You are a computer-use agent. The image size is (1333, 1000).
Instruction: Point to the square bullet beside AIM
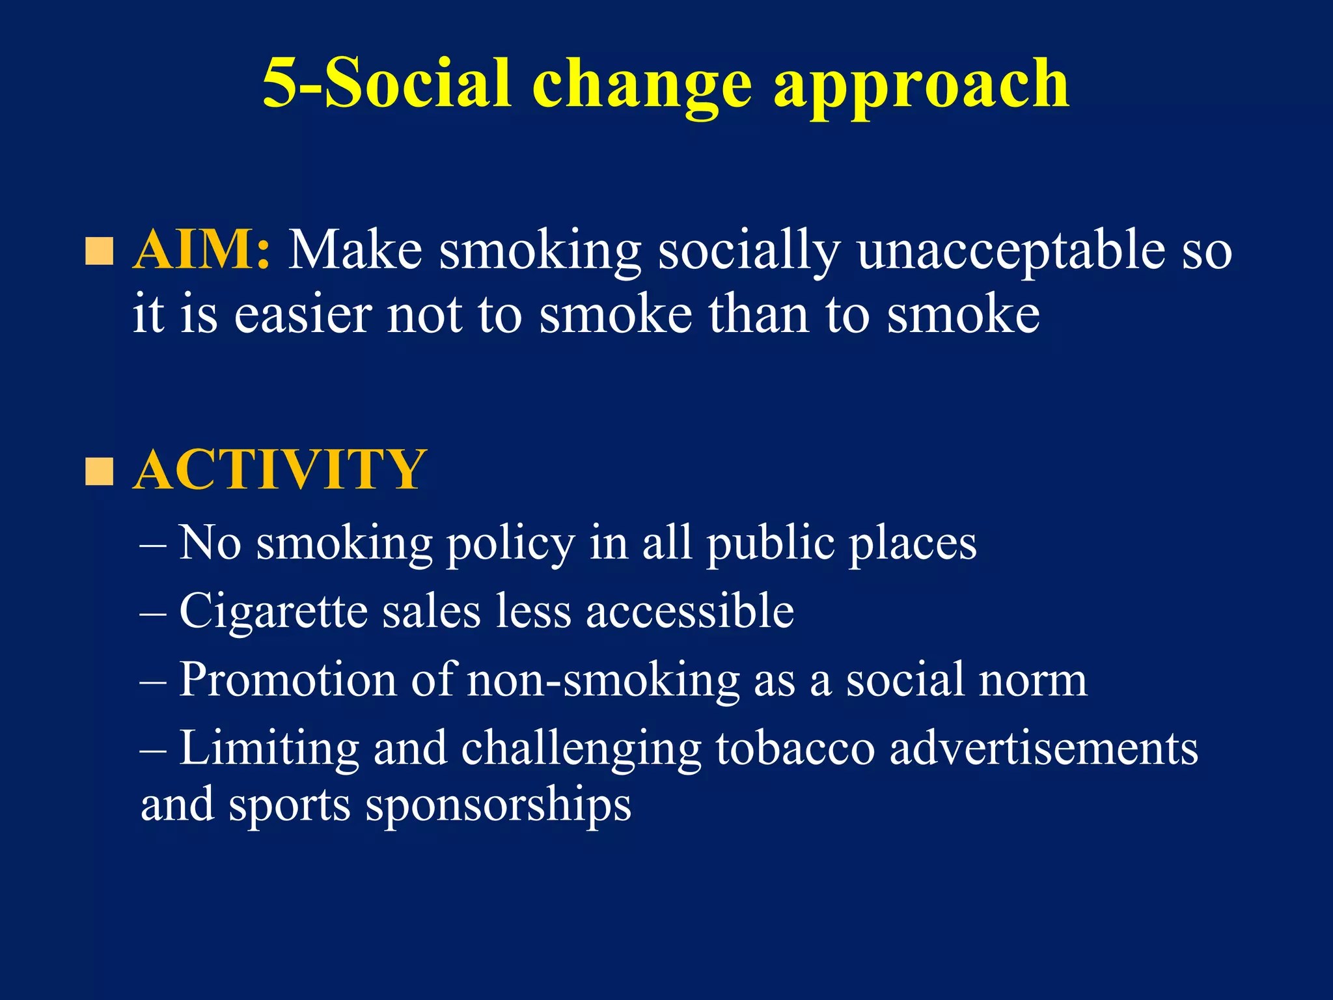point(99,251)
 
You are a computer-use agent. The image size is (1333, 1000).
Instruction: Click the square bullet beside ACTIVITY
point(99,471)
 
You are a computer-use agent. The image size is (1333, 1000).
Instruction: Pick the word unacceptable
point(1011,251)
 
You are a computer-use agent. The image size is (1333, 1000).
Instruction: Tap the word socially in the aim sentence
point(749,251)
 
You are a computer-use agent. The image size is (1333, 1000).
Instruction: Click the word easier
point(303,314)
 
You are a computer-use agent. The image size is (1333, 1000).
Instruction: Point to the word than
point(758,314)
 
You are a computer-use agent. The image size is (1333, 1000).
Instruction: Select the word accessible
point(690,611)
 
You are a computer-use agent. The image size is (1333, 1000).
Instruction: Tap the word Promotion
point(288,680)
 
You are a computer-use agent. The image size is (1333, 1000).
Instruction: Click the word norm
point(1032,680)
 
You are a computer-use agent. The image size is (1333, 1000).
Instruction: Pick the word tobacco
point(795,748)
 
